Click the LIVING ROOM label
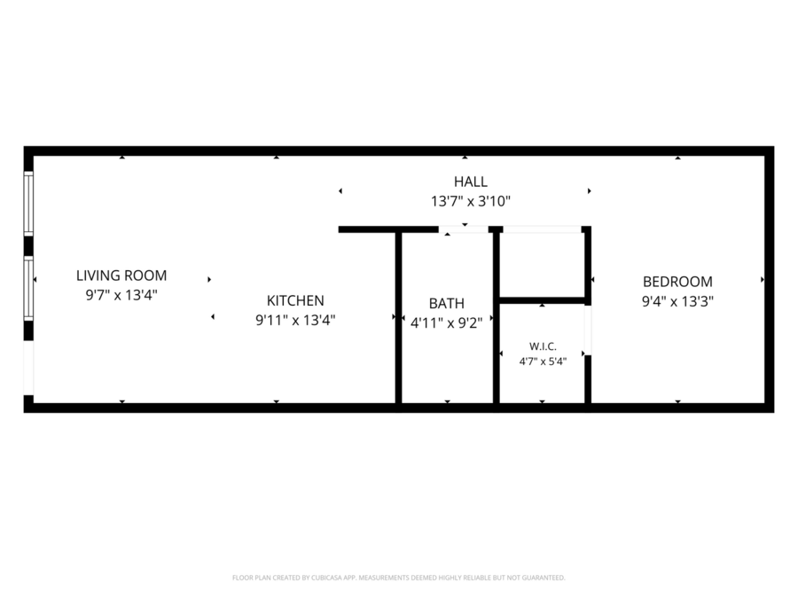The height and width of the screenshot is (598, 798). click(x=121, y=276)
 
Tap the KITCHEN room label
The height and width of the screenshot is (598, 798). click(x=295, y=300)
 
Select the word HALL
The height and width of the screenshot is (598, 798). click(x=471, y=182)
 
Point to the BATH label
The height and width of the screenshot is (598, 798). click(x=446, y=304)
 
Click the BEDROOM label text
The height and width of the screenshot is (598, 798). click(x=677, y=282)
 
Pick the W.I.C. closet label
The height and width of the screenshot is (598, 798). click(x=543, y=346)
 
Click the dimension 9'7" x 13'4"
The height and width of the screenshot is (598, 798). click(x=121, y=295)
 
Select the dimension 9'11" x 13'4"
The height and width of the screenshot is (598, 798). click(x=295, y=321)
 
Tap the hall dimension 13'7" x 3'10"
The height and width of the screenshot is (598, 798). click(x=471, y=201)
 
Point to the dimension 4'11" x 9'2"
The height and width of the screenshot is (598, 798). click(x=446, y=322)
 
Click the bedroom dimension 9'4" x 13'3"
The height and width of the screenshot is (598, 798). click(x=677, y=301)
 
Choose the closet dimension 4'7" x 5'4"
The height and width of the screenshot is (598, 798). click(x=543, y=361)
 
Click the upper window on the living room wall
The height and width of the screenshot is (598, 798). click(x=28, y=204)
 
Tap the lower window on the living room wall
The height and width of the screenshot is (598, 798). click(x=28, y=288)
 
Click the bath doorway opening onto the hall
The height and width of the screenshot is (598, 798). click(x=464, y=229)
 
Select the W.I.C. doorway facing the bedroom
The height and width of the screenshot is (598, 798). click(x=587, y=330)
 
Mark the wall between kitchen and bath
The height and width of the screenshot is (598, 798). click(x=398, y=318)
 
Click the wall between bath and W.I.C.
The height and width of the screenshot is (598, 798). click(x=497, y=318)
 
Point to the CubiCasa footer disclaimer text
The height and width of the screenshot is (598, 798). click(x=398, y=578)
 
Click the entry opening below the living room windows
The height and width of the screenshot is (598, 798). click(x=28, y=368)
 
